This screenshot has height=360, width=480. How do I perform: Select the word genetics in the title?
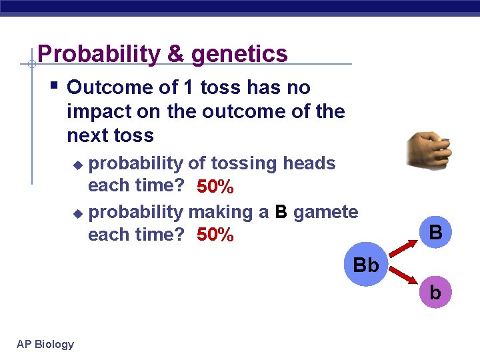pyautogui.click(x=239, y=54)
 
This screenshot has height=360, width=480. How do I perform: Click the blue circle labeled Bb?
pyautogui.click(x=365, y=265)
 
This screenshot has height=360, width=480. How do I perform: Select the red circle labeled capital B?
pyautogui.click(x=435, y=233)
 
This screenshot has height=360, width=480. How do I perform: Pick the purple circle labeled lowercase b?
pyautogui.click(x=435, y=292)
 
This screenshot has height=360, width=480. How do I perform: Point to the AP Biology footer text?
pyautogui.click(x=45, y=344)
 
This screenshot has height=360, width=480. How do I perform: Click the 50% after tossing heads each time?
pyautogui.click(x=215, y=187)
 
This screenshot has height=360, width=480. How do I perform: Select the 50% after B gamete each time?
pyautogui.click(x=215, y=235)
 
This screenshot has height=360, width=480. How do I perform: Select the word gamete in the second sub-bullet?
pyautogui.click(x=325, y=212)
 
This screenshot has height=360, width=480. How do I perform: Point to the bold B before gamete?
pyautogui.click(x=281, y=212)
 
